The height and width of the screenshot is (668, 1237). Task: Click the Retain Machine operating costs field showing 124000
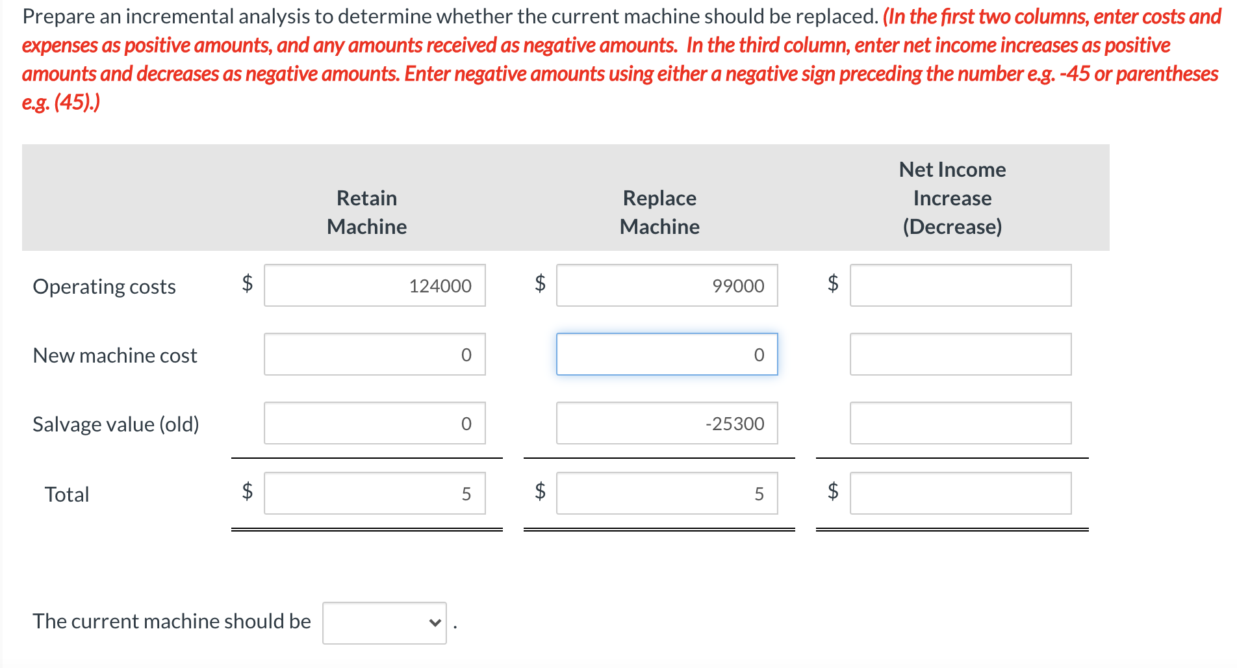tap(374, 285)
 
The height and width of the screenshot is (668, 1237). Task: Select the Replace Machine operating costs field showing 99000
tap(667, 285)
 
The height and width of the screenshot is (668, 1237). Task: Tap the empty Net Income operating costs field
tap(960, 285)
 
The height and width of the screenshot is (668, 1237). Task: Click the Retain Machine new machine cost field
tap(374, 354)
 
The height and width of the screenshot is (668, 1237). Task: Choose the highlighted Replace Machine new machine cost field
tap(667, 354)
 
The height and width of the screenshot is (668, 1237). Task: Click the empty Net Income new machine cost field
tap(960, 354)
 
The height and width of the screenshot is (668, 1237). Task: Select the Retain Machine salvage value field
tap(374, 423)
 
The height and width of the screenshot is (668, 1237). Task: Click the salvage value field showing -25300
tap(667, 423)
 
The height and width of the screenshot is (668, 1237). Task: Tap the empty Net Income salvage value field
tap(960, 423)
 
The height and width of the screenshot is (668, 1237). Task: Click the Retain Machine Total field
tap(374, 493)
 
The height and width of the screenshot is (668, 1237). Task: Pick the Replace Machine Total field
tap(667, 493)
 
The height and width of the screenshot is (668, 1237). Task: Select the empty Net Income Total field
tap(960, 493)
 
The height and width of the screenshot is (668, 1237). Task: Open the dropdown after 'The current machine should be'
tap(384, 623)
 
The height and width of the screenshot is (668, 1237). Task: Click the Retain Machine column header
tap(366, 212)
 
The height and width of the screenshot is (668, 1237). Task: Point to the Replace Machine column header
tap(659, 212)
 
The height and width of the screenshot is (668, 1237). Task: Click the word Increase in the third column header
tap(952, 198)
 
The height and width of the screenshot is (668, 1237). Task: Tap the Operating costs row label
tap(104, 287)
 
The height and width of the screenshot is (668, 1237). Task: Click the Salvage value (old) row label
tap(116, 424)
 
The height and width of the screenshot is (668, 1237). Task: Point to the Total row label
tap(66, 495)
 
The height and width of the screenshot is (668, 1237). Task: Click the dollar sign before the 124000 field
tap(247, 283)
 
